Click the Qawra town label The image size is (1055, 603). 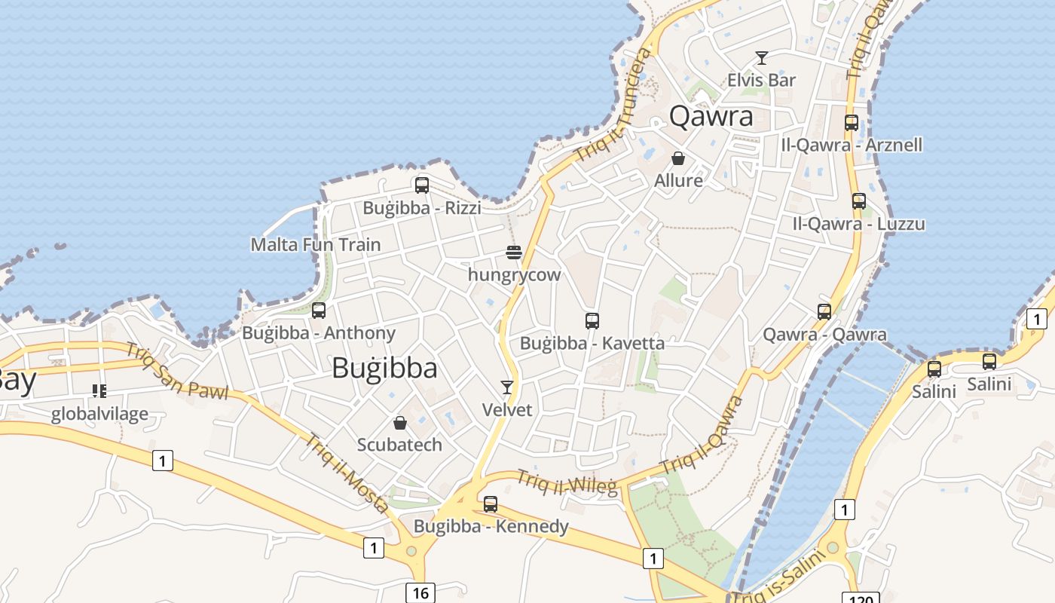coord(711,116)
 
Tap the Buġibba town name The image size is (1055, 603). coord(384,368)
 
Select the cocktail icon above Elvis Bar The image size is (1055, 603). coord(762,58)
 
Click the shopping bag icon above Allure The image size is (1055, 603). coord(678,158)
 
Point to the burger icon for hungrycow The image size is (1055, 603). coord(514,252)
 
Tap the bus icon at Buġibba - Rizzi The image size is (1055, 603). coord(422,185)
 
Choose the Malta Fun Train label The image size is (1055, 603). coord(315,244)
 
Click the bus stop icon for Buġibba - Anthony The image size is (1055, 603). coord(319,310)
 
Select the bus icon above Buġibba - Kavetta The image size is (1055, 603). coord(592,321)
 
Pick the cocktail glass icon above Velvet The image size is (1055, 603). coord(507,387)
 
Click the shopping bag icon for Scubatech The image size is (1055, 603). coord(400,423)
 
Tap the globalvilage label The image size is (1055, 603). coord(99,414)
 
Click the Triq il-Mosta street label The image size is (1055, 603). coord(346,473)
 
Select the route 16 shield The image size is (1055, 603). coord(420,592)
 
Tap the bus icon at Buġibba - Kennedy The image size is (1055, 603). coord(491,504)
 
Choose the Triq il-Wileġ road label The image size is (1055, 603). coord(567,482)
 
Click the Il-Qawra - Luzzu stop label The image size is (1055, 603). coord(858,224)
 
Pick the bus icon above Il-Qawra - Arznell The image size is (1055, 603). coord(852,123)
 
